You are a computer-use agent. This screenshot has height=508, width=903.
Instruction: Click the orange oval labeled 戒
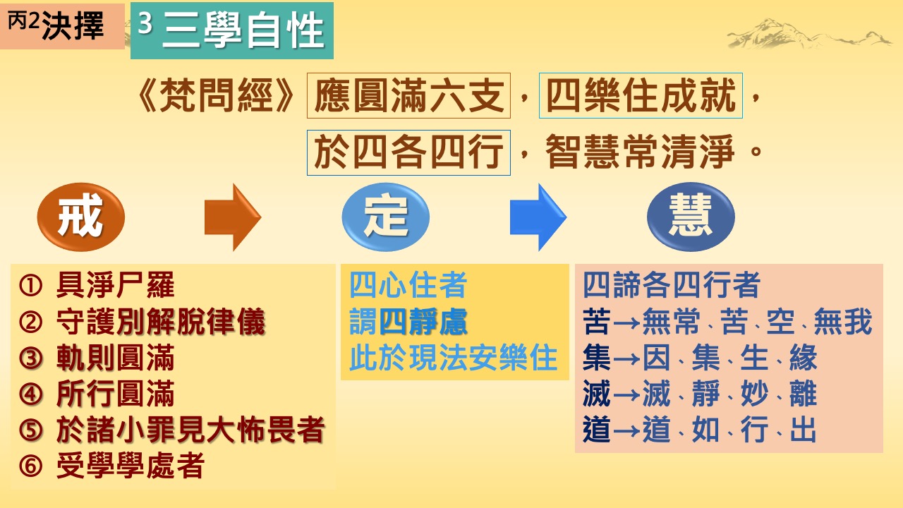80,217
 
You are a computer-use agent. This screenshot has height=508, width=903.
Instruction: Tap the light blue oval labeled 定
386,217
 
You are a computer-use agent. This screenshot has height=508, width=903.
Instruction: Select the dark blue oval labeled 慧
691,217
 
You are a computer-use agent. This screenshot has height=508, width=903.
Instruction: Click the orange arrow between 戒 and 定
233,217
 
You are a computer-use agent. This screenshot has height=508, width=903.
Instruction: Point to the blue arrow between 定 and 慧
538,217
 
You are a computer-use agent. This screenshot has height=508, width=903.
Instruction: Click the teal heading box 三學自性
232,30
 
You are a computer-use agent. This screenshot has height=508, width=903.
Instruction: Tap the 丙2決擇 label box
62,26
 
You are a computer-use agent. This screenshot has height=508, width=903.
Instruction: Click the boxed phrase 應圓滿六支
408,95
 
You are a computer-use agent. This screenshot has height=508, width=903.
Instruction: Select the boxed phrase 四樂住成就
641,95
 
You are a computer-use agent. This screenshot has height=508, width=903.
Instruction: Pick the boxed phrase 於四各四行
408,152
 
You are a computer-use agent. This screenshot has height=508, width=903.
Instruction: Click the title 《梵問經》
217,95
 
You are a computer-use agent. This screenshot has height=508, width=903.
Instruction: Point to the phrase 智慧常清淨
640,152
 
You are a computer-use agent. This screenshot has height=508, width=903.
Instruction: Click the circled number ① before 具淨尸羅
30,286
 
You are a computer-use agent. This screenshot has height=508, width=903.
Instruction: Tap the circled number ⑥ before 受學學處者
30,466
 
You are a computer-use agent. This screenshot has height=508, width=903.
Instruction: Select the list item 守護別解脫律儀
160,322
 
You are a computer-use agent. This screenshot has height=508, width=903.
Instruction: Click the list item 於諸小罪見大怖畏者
190,430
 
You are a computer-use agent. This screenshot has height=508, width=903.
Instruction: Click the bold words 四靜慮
423,322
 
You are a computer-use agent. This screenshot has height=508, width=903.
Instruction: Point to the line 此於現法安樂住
453,358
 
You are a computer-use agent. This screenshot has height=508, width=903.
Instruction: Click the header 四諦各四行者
672,285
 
